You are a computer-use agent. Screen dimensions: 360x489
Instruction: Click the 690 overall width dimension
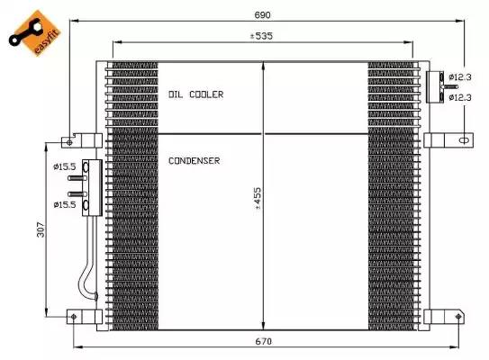coord(263,15)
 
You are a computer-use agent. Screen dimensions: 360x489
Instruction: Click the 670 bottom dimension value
coord(262,340)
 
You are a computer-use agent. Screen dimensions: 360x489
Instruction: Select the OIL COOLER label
coord(195,94)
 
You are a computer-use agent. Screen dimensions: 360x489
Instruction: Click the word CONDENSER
coord(194,160)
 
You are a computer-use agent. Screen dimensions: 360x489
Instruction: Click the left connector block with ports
coord(88,187)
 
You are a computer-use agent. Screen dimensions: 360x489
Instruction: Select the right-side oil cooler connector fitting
coord(432,85)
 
